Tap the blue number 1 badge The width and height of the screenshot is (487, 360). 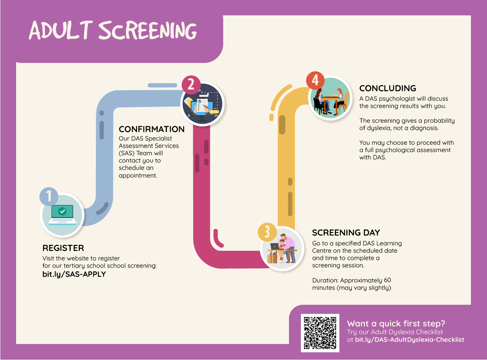pyautogui.click(x=49, y=196)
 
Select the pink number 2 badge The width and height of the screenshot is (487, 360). pyautogui.click(x=191, y=85)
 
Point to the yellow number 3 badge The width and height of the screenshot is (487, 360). pyautogui.click(x=267, y=232)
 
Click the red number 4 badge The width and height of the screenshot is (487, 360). pyautogui.click(x=315, y=80)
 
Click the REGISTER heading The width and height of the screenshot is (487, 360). pyautogui.click(x=63, y=248)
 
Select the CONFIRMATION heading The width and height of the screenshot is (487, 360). pyautogui.click(x=151, y=129)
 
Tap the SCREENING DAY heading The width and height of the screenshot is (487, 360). pyautogui.click(x=346, y=232)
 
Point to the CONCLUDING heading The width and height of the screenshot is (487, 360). pyautogui.click(x=388, y=88)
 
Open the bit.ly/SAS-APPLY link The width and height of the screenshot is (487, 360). pyautogui.click(x=74, y=274)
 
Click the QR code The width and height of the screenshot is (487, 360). pyautogui.click(x=320, y=333)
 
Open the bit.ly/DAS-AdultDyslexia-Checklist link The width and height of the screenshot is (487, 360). pyautogui.click(x=410, y=340)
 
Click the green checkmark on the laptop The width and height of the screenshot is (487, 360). pyautogui.click(x=62, y=211)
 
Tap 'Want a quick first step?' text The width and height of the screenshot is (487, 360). pyautogui.click(x=396, y=324)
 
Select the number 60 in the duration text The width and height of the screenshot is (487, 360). pyautogui.click(x=387, y=280)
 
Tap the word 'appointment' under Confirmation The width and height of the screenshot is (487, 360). pyautogui.click(x=138, y=175)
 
